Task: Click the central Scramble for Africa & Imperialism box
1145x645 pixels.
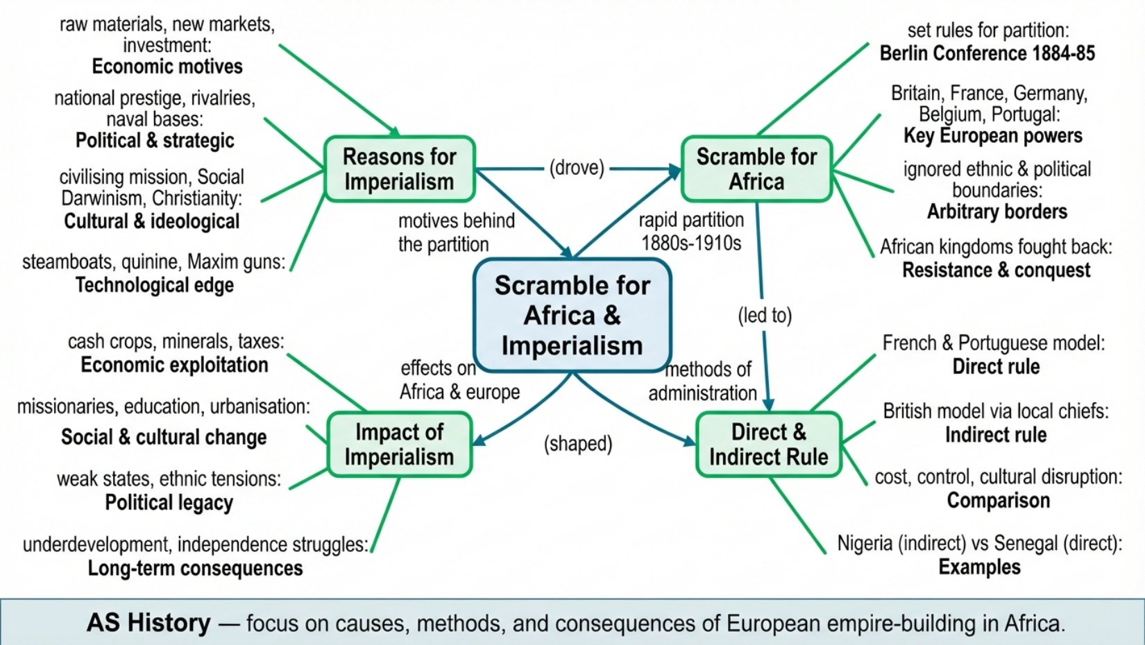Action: point(572,315)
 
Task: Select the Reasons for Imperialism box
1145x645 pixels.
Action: point(400,169)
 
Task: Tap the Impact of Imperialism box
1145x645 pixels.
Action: point(400,445)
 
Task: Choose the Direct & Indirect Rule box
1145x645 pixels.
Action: point(769,445)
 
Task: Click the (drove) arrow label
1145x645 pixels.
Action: point(577,168)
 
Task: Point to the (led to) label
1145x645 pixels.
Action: point(765,315)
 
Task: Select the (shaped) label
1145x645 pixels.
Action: point(578,443)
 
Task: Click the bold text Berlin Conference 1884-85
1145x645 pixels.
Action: point(987,53)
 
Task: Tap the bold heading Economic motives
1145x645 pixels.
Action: point(167,67)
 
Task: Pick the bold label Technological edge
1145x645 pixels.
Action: point(154,285)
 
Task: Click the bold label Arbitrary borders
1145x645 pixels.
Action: point(996,212)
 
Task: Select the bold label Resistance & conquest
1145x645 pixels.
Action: point(996,270)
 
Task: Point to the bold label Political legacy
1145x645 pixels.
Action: point(169,503)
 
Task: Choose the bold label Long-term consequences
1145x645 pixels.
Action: point(195,568)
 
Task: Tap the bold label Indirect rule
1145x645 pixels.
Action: point(996,435)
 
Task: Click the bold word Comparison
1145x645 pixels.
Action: point(999,501)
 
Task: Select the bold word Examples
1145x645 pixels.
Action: point(979,567)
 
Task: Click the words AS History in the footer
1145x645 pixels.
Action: point(149,623)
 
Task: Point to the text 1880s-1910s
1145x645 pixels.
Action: point(691,243)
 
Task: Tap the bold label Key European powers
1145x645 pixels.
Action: point(992,136)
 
